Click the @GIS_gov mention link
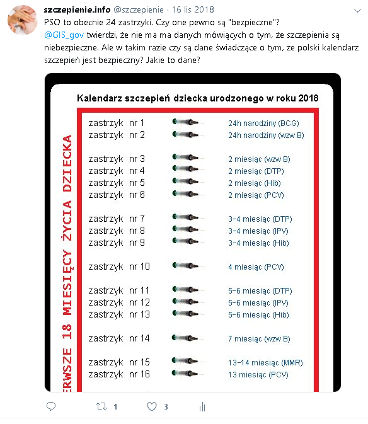tap(64, 35)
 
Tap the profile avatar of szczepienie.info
tap(22, 20)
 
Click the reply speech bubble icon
tap(51, 406)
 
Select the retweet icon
tap(101, 406)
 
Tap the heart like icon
tap(152, 406)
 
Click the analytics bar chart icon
tap(202, 406)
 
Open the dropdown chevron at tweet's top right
tap(357, 11)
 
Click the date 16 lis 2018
tap(193, 9)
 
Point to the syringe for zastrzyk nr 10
tap(188, 265)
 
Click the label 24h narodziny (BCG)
tap(263, 123)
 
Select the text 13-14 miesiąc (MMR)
tap(265, 363)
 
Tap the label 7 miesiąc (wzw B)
tap(259, 339)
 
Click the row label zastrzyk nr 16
tap(119, 374)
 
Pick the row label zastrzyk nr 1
tap(117, 123)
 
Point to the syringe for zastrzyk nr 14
tap(188, 338)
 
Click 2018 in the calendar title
tap(308, 98)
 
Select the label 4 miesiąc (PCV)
tap(256, 267)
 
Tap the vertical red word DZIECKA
tap(67, 163)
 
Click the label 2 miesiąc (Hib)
tap(255, 183)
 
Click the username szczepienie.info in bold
tap(77, 9)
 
